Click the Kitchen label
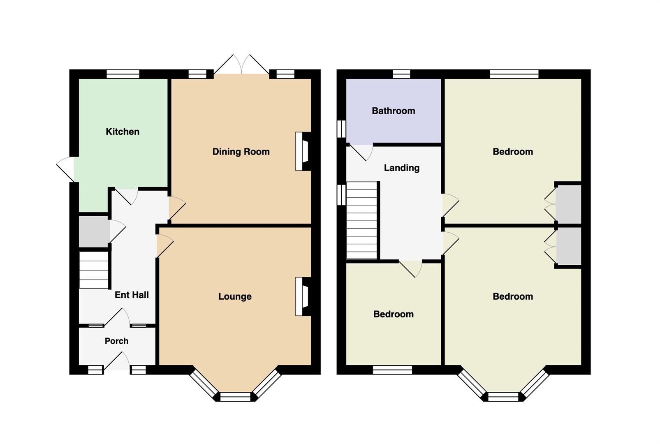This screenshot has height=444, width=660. [123, 132]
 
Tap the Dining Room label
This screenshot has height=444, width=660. [241, 152]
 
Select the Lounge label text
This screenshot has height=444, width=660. [235, 296]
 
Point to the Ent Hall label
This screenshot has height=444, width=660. [132, 295]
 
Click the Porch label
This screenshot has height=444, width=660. [117, 341]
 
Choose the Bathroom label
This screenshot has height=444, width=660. [394, 111]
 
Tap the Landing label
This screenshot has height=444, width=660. [402, 168]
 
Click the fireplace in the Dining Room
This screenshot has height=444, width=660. [303, 151]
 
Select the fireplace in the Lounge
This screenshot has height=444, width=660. [303, 296]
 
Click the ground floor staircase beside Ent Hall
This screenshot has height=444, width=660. [94, 270]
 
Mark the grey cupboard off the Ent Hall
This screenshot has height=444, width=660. [94, 231]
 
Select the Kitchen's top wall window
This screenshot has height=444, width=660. [123, 74]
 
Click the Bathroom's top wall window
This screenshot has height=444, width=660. [402, 74]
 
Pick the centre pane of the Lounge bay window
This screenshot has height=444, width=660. [235, 397]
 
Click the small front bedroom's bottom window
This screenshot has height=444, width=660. [392, 370]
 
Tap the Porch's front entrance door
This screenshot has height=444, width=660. [117, 361]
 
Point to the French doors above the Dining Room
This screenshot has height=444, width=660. [242, 64]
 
